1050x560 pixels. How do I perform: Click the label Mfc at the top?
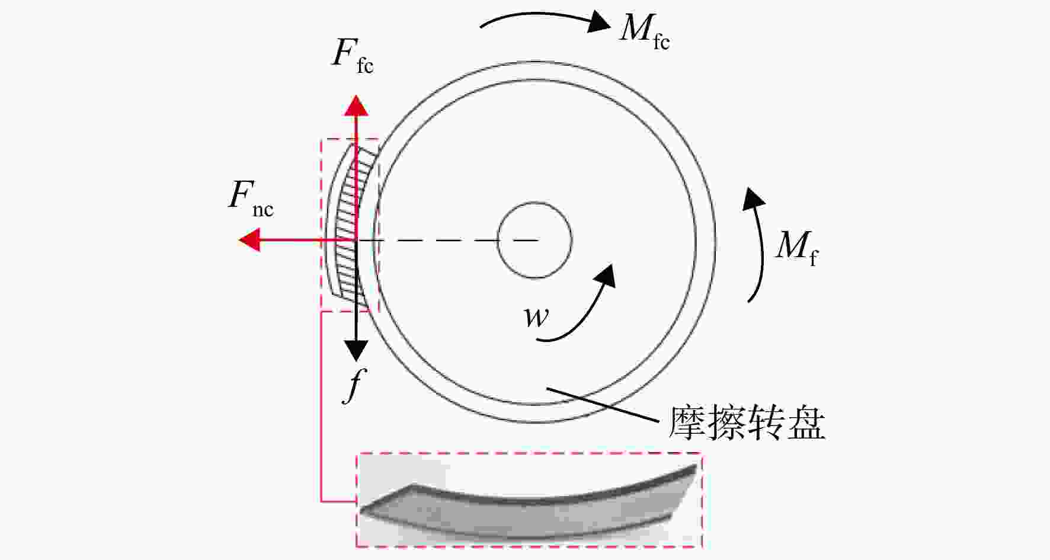coord(645,30)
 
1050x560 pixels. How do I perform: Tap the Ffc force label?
coord(353,57)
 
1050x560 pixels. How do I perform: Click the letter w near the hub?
coord(537,317)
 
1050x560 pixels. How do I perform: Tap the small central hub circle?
coord(534,240)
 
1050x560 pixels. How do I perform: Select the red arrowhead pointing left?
coord(249,240)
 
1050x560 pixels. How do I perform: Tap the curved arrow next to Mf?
coord(760,243)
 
